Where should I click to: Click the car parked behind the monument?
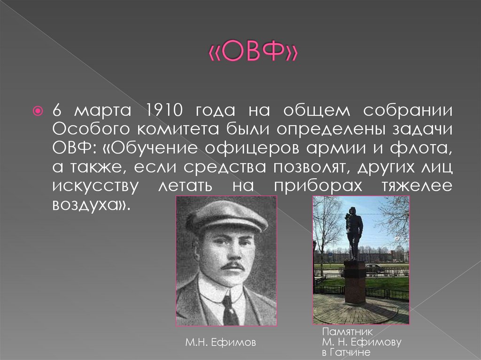[x=374, y=268]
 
